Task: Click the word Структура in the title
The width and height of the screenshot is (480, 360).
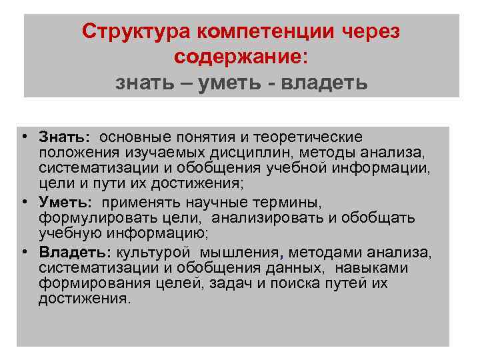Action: [x=135, y=31]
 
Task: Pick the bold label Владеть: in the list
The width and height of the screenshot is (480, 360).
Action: [x=75, y=253]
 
